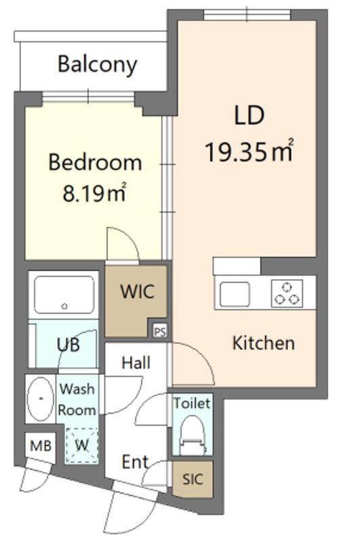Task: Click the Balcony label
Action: click(97, 64)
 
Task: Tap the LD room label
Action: click(249, 115)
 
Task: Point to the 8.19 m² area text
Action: click(94, 192)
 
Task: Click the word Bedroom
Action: click(95, 162)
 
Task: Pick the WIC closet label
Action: click(137, 291)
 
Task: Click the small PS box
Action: click(160, 331)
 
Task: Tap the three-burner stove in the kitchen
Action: click(287, 293)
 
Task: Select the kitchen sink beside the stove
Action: click(235, 294)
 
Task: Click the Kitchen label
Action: click(264, 343)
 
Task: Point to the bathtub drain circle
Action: click(64, 306)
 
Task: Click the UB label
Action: click(68, 344)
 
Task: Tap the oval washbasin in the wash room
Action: click(41, 399)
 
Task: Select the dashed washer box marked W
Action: click(81, 445)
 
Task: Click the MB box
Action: click(41, 446)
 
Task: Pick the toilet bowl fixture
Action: click(193, 435)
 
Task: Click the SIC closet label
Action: click(193, 479)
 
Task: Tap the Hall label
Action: click(136, 363)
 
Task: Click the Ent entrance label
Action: click(135, 462)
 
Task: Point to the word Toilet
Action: click(192, 403)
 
